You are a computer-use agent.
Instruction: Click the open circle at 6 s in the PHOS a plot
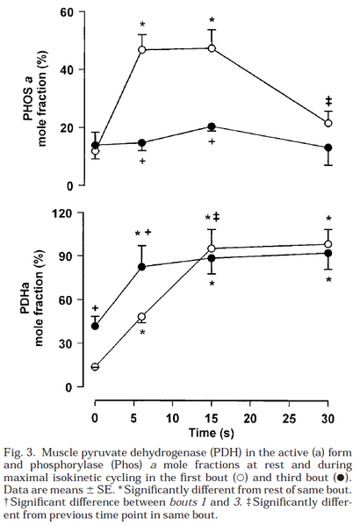click(x=140, y=50)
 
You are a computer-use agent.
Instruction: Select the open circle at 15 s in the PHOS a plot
click(x=212, y=48)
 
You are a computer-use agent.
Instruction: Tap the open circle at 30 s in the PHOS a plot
click(x=328, y=123)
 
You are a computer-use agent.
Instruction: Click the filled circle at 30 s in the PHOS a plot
click(x=328, y=148)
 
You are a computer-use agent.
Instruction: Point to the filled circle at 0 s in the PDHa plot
click(x=95, y=326)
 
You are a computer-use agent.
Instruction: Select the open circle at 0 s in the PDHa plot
click(x=95, y=367)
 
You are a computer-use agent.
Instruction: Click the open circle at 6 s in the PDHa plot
click(x=140, y=316)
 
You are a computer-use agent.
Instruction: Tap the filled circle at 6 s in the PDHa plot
click(x=140, y=267)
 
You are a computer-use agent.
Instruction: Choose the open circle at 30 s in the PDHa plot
click(x=328, y=244)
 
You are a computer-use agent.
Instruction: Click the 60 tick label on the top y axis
click(x=66, y=12)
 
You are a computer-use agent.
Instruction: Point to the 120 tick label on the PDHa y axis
click(x=62, y=213)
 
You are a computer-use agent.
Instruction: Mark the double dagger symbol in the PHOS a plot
click(x=328, y=100)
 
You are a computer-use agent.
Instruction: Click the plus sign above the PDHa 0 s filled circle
click(x=95, y=308)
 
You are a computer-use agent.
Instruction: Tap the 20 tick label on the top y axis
click(x=66, y=128)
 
